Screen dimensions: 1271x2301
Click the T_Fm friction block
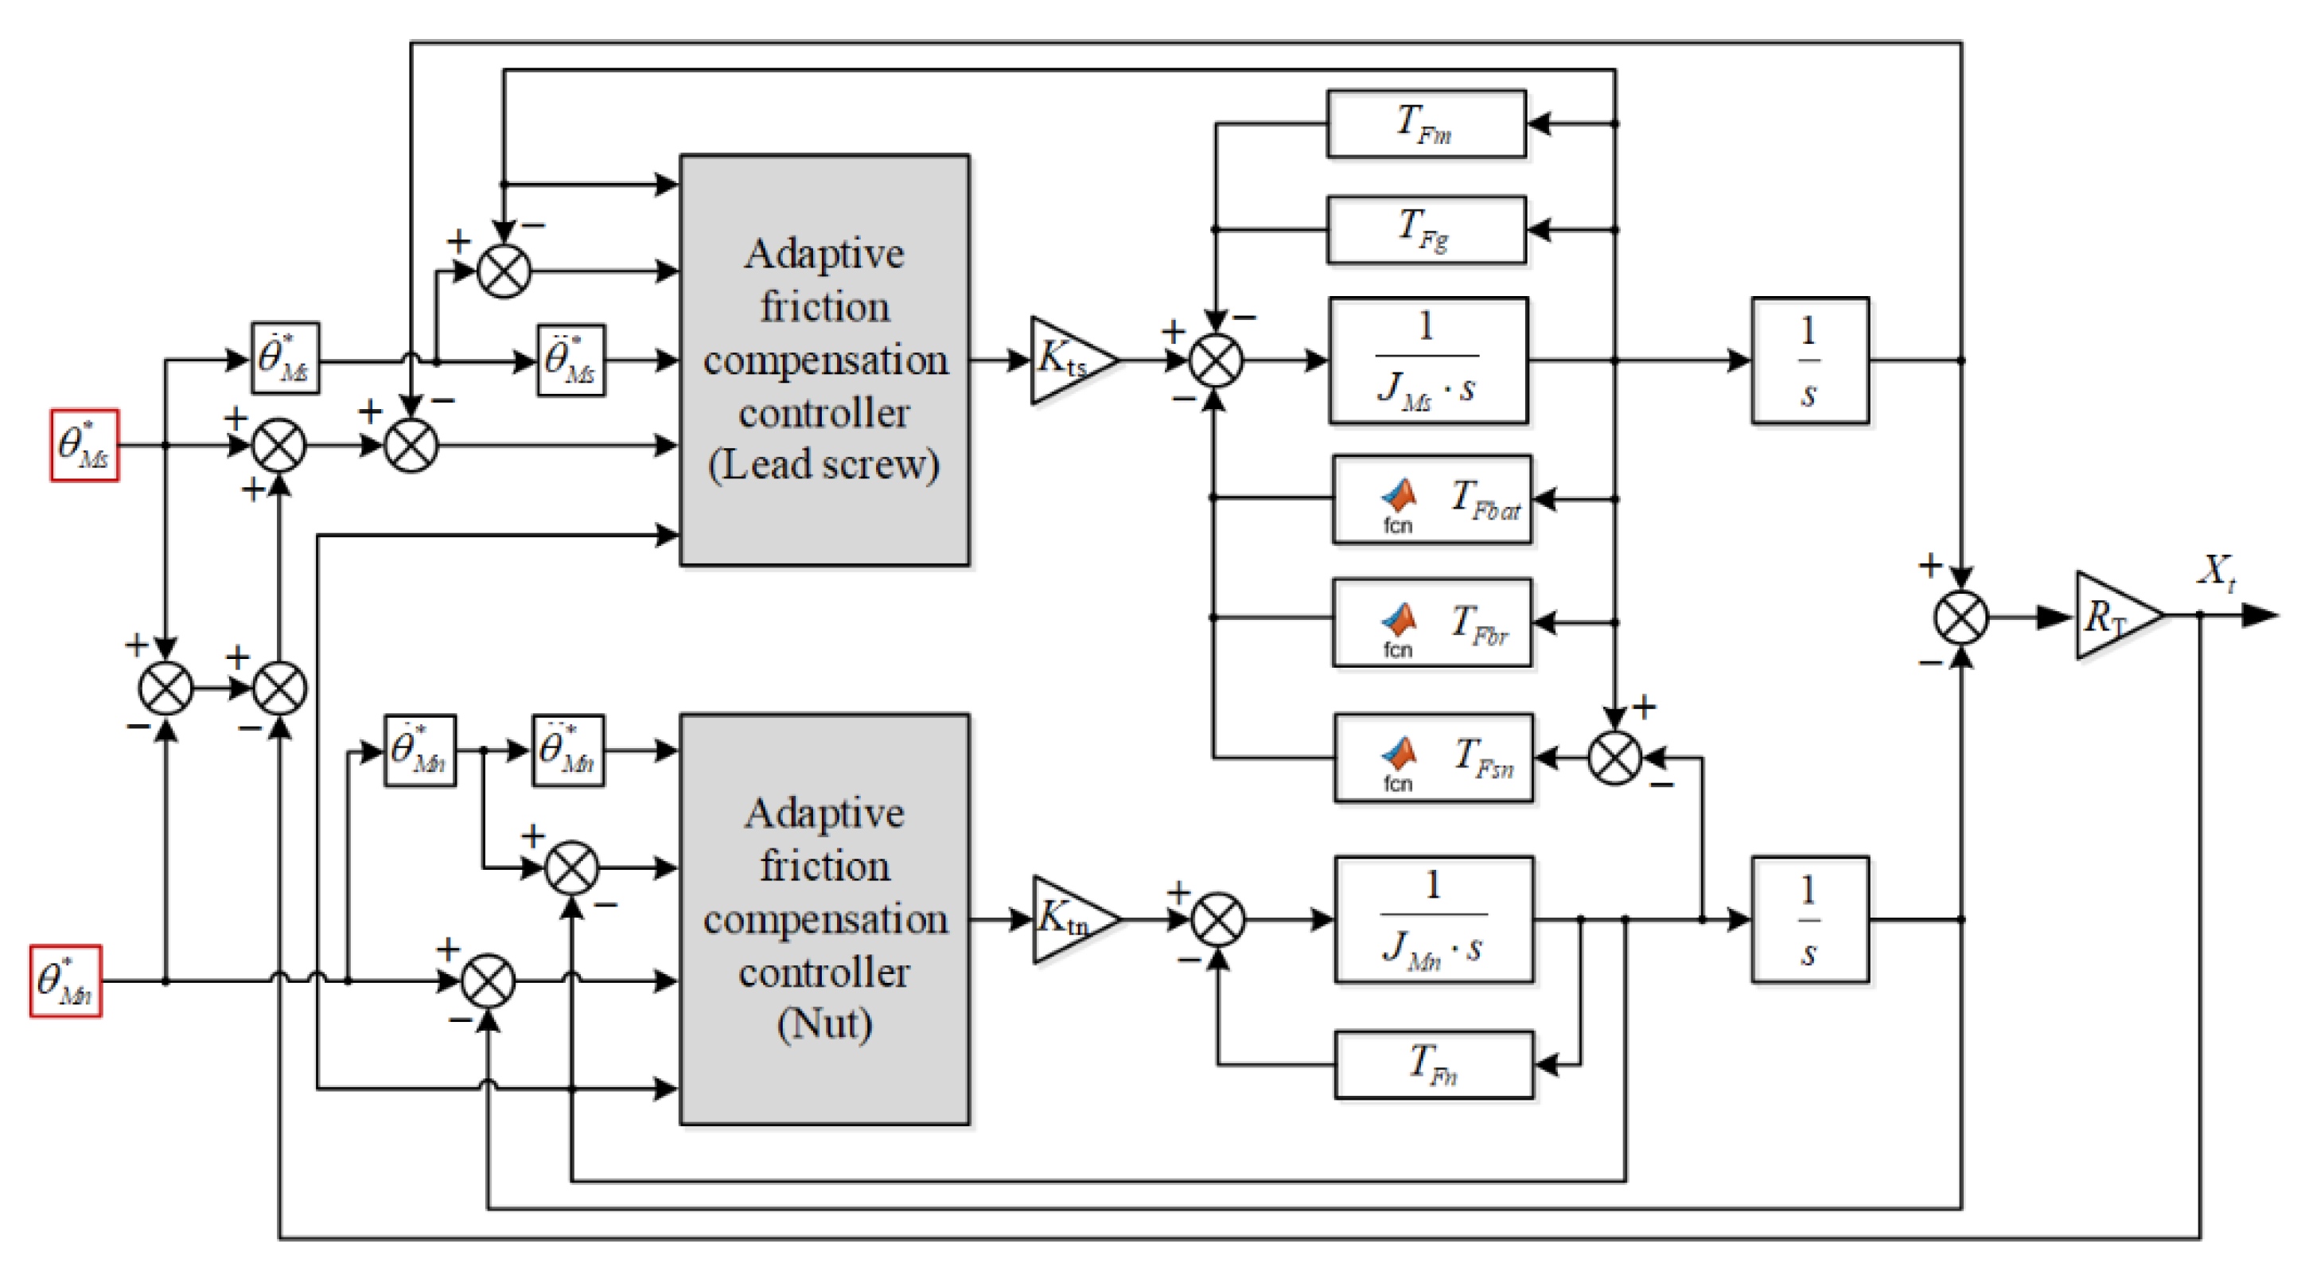click(1426, 124)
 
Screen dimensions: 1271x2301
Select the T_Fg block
click(1426, 229)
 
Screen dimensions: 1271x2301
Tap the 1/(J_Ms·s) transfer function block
click(1427, 361)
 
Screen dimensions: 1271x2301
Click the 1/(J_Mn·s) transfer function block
click(1433, 919)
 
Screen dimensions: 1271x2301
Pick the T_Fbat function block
click(1431, 499)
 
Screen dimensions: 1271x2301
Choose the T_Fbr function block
click(1431, 622)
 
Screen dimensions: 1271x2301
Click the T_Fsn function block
click(1433, 758)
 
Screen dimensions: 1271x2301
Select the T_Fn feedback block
click(1433, 1065)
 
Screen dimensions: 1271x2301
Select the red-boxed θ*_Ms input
click(84, 445)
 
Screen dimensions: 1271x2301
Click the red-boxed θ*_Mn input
click(65, 981)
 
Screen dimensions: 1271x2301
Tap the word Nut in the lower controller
click(823, 1023)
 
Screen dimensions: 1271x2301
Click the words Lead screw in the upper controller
click(823, 465)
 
